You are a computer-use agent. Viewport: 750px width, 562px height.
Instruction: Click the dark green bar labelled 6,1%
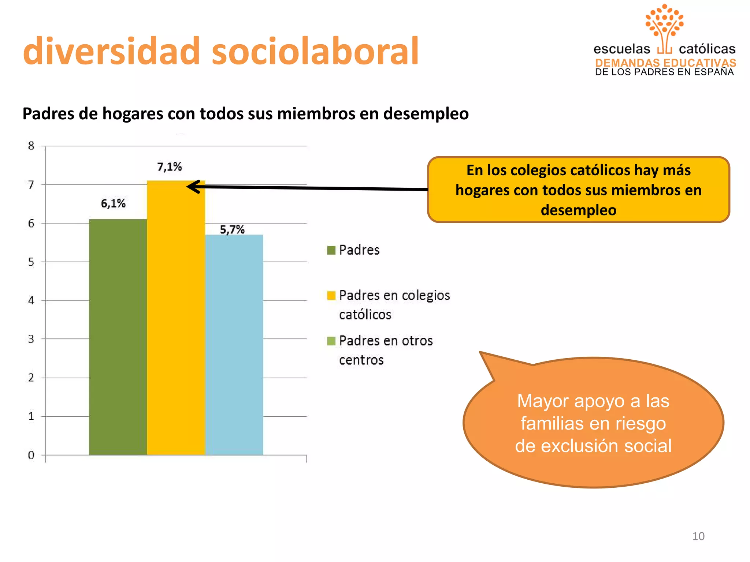tap(118, 337)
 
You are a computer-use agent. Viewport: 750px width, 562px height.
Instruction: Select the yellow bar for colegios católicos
tap(176, 318)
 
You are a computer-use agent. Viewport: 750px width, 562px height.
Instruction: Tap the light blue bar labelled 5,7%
tap(234, 344)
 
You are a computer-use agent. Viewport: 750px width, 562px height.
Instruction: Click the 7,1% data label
tap(170, 167)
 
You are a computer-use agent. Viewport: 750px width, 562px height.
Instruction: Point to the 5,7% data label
tap(232, 230)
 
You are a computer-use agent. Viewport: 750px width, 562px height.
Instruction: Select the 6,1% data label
tap(113, 203)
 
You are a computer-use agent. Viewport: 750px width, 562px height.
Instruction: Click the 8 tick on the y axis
tap(31, 146)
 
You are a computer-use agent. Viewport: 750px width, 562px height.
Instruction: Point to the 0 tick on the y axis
tap(31, 455)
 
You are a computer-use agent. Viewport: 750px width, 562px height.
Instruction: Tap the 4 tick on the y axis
tap(31, 300)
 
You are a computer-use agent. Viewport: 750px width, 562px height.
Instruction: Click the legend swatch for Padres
tap(331, 250)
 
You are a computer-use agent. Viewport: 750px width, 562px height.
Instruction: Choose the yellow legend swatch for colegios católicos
tap(331, 296)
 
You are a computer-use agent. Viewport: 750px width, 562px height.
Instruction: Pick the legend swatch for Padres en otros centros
tap(331, 341)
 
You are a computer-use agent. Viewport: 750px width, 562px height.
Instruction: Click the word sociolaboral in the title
tap(315, 51)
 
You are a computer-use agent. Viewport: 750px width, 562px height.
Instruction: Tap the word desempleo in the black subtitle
tap(426, 114)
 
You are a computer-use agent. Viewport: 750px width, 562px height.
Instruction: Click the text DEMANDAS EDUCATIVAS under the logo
tap(665, 63)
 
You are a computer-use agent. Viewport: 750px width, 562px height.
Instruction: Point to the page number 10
tap(698, 536)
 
